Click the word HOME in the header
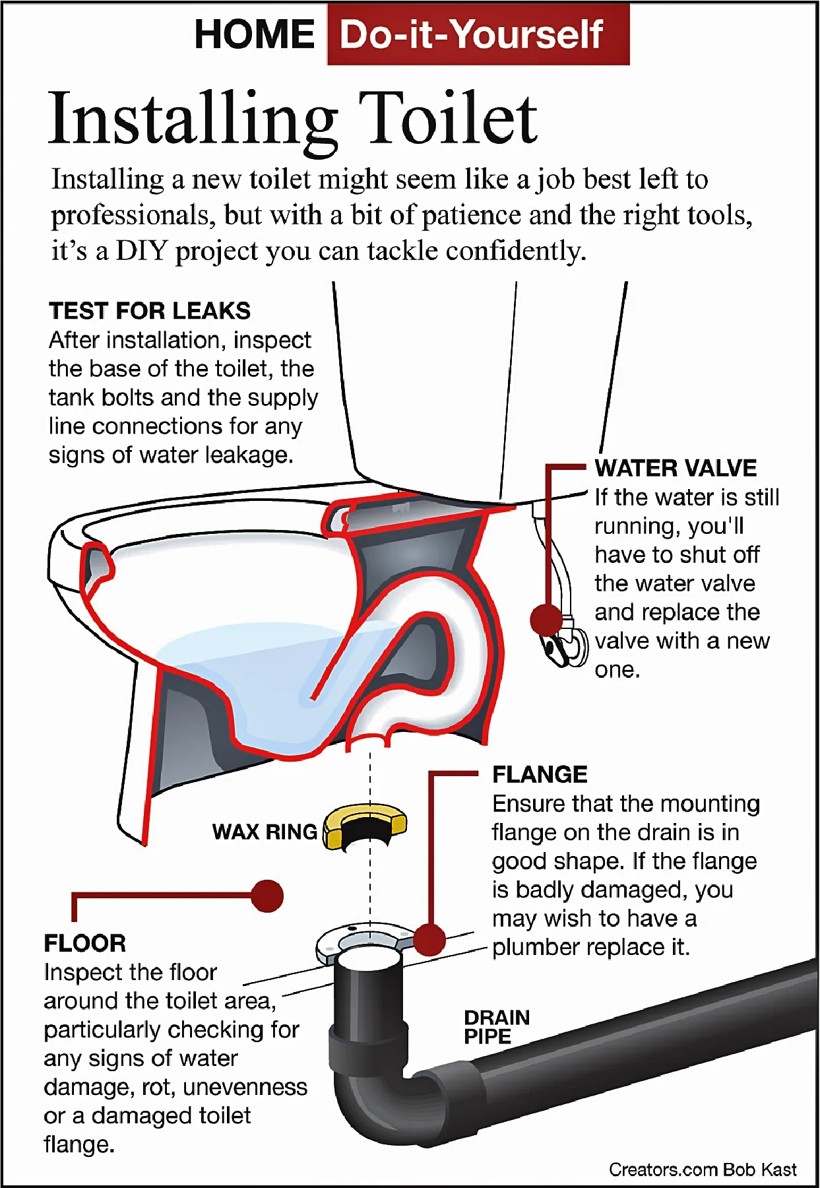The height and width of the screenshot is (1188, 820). pos(255,34)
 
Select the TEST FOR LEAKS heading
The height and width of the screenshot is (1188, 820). pos(150,311)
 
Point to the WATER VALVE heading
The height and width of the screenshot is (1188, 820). pos(676,468)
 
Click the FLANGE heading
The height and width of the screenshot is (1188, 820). pos(540,774)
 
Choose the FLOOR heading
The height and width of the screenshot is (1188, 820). pos(84,943)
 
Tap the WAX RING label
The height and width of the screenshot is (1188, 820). pos(265,832)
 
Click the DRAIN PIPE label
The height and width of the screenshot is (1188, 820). pos(496,1027)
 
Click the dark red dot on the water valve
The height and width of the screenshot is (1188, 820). pos(546,620)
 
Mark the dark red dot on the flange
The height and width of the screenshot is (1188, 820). pos(429,939)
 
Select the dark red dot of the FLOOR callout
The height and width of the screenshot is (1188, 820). pos(267,896)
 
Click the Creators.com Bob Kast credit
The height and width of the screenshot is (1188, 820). pos(702,1170)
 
